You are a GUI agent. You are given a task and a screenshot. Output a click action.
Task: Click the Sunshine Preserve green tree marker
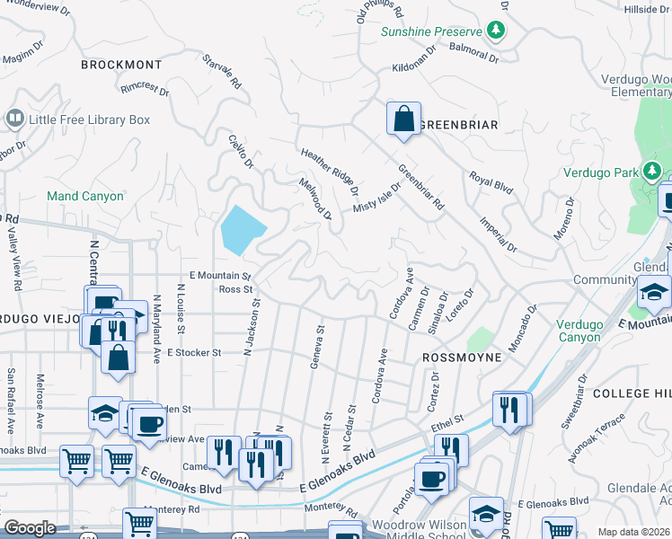point(496,31)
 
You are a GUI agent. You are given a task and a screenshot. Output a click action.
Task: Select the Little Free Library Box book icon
point(14,119)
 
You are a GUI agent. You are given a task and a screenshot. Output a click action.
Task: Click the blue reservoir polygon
point(243,231)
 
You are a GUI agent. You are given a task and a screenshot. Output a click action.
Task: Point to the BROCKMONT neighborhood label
point(121,65)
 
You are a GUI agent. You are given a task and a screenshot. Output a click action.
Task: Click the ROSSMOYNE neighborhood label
point(459,357)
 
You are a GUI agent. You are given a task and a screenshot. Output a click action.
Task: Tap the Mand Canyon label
point(84,195)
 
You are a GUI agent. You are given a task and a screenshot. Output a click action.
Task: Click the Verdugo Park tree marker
point(650,172)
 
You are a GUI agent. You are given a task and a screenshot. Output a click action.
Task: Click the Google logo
point(30,528)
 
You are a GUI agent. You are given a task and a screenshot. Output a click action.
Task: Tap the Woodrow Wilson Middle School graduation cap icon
point(486,513)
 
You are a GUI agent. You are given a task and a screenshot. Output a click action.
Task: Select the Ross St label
point(236,289)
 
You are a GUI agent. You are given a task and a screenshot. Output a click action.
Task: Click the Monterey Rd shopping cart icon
point(138,525)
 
